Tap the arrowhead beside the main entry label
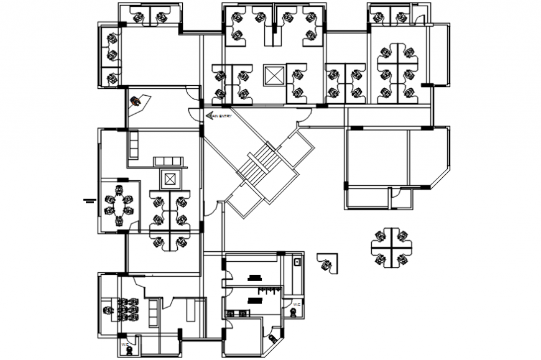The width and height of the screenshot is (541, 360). [208, 116]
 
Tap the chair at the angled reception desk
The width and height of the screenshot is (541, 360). [134, 101]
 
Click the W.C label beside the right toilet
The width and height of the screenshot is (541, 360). [297, 304]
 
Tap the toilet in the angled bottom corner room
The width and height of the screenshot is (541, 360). [273, 338]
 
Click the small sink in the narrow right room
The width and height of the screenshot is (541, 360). [297, 264]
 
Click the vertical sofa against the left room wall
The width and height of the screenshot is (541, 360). [133, 145]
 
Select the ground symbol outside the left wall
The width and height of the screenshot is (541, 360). [88, 200]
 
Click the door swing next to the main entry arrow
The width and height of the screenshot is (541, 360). [195, 112]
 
